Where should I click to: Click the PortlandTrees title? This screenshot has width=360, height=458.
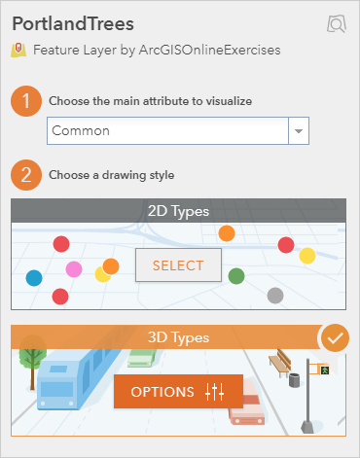pyautogui.click(x=73, y=22)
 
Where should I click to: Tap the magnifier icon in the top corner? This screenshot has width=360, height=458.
pyautogui.click(x=337, y=24)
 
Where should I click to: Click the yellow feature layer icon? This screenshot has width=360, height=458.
pyautogui.click(x=19, y=50)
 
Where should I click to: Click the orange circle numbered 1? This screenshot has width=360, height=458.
pyautogui.click(x=27, y=100)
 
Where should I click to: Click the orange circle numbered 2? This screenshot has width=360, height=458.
pyautogui.click(x=27, y=176)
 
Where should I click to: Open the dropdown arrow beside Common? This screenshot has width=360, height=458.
pyautogui.click(x=298, y=130)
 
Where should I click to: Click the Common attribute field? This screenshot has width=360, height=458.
pyautogui.click(x=167, y=130)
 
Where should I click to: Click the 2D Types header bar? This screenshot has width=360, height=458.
pyautogui.click(x=179, y=210)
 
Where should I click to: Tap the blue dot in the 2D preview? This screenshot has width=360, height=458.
pyautogui.click(x=34, y=278)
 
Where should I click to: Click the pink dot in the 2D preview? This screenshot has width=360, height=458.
pyautogui.click(x=74, y=268)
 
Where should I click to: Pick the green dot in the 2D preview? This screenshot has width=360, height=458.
pyautogui.click(x=236, y=276)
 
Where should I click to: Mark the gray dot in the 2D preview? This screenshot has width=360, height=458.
pyautogui.click(x=275, y=295)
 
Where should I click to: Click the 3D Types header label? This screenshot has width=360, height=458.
pyautogui.click(x=179, y=337)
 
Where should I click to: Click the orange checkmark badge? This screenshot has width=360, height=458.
pyautogui.click(x=334, y=338)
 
